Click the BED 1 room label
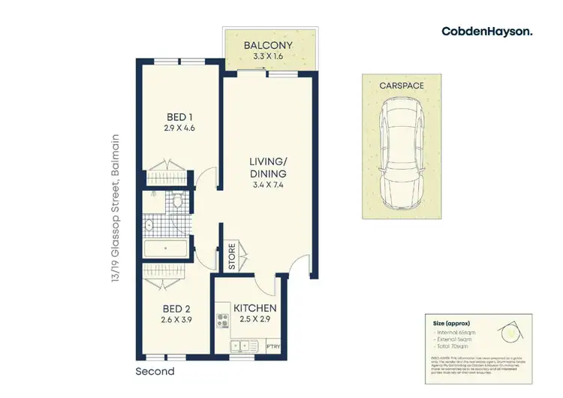pos(179,116)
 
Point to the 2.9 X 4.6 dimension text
pos(179,128)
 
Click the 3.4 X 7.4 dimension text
pos(269,184)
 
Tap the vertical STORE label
pos(232,257)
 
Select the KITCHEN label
pos(255,309)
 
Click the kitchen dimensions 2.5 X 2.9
pos(255,320)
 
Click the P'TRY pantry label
pos(273,346)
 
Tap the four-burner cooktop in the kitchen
pos(222,321)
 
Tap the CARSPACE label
pos(401,86)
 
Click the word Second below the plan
pos(155,371)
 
